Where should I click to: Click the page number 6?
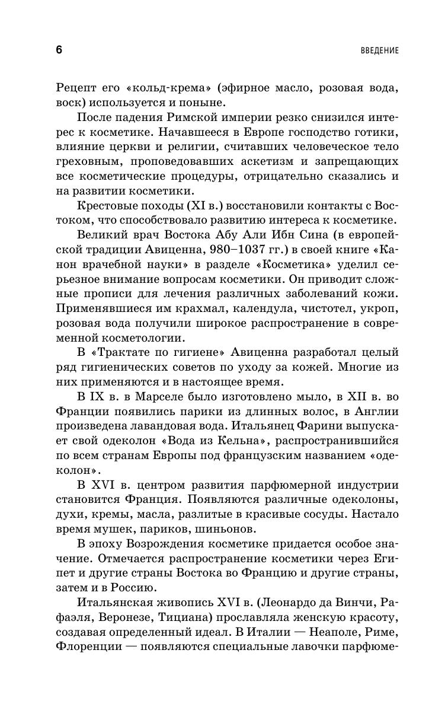(x=59, y=50)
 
